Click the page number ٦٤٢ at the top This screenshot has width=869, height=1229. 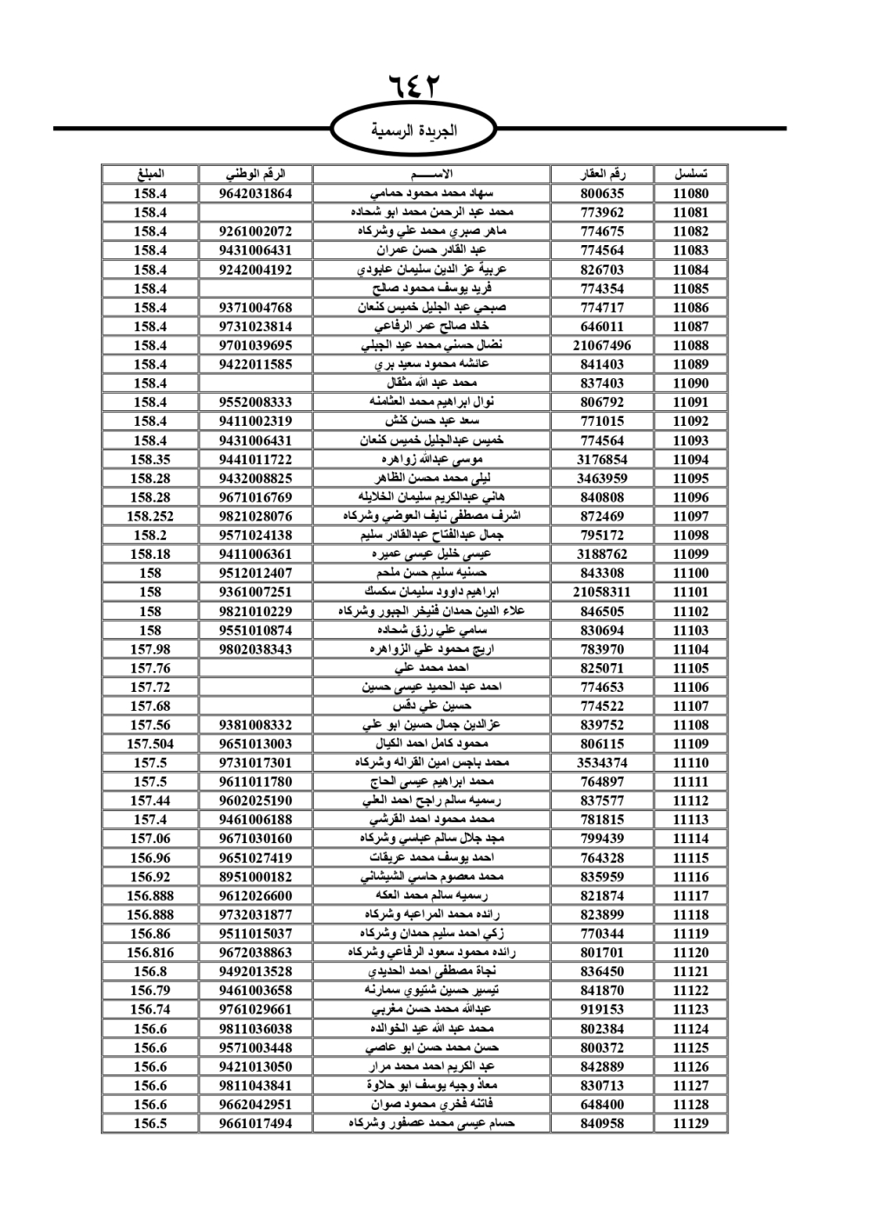(x=415, y=88)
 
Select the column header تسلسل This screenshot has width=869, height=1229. (x=691, y=174)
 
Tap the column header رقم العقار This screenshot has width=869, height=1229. (x=602, y=174)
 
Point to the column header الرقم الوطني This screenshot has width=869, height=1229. (x=255, y=174)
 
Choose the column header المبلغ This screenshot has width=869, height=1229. (x=150, y=174)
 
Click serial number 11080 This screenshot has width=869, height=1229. (x=691, y=194)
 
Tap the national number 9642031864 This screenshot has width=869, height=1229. (x=255, y=194)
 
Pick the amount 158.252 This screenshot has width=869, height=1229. (x=150, y=516)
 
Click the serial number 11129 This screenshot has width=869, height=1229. (x=691, y=1124)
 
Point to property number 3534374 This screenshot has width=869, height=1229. (x=602, y=763)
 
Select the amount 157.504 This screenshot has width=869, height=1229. (x=150, y=744)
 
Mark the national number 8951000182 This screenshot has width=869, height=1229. (x=255, y=877)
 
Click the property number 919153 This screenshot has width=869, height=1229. (x=602, y=1010)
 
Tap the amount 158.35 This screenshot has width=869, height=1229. (x=150, y=460)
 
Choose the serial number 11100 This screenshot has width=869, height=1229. (x=691, y=574)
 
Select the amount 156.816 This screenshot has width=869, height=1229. (x=150, y=953)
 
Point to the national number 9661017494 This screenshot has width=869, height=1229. (x=255, y=1124)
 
